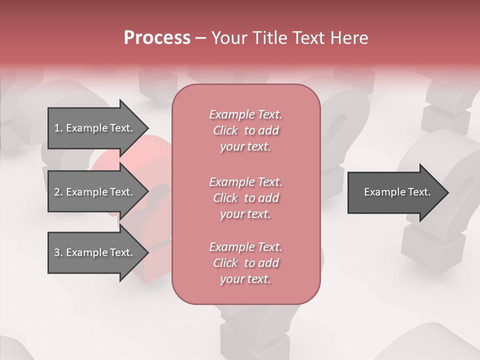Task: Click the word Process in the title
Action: (157, 38)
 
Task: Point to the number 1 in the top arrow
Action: (57, 128)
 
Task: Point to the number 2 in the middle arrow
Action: (57, 192)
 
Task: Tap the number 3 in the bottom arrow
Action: (57, 252)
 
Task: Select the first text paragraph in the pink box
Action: (246, 130)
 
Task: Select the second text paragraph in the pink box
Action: (246, 198)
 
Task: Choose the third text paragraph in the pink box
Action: (246, 263)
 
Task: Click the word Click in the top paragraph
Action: (225, 130)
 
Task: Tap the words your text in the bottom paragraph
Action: (245, 279)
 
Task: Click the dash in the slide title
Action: (200, 38)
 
